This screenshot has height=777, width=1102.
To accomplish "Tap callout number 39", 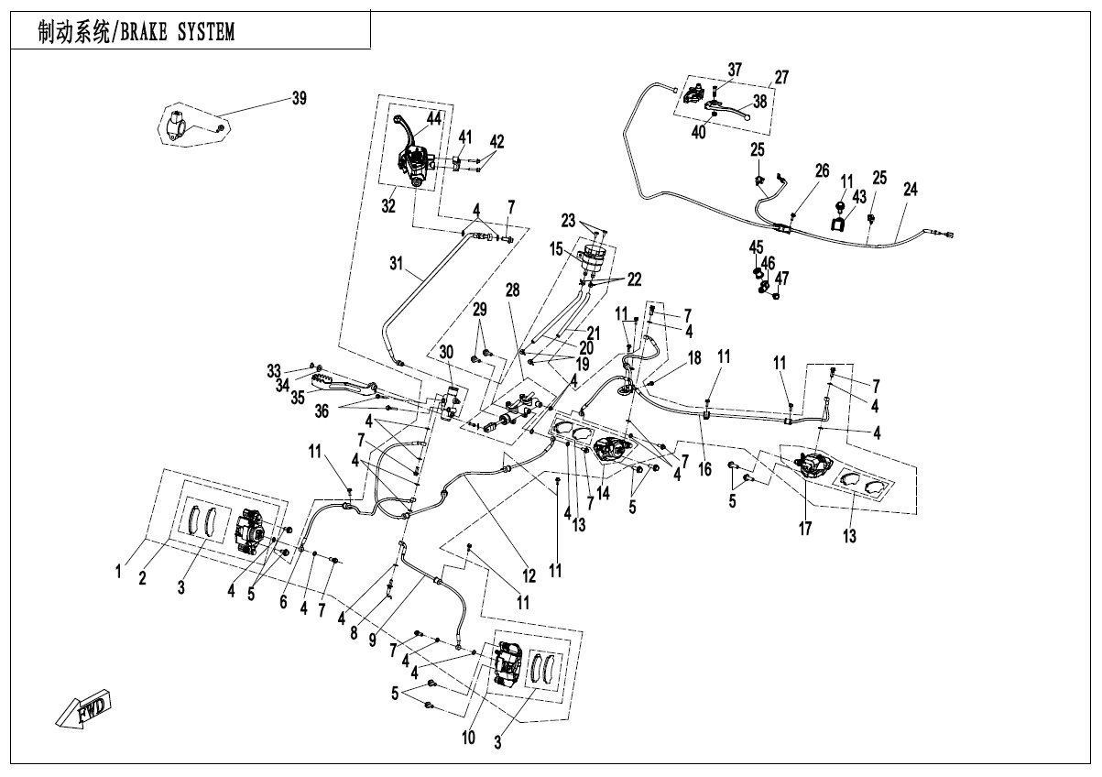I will (x=299, y=100).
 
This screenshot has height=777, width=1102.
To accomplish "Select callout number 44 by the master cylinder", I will (x=432, y=119).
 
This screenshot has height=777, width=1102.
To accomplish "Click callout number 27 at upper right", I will (x=780, y=77).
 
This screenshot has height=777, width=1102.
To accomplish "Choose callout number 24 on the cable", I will (x=910, y=190).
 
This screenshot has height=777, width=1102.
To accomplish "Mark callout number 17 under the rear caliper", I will (x=805, y=528).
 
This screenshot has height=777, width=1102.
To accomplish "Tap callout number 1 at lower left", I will (x=118, y=573).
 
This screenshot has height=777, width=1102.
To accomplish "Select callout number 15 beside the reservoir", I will (x=555, y=248).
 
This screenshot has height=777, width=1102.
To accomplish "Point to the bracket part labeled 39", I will (x=180, y=125).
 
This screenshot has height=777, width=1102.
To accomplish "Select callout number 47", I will (x=782, y=278).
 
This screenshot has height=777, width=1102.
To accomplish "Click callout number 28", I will (x=511, y=290).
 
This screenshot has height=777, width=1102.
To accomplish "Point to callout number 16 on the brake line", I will (x=704, y=468).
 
